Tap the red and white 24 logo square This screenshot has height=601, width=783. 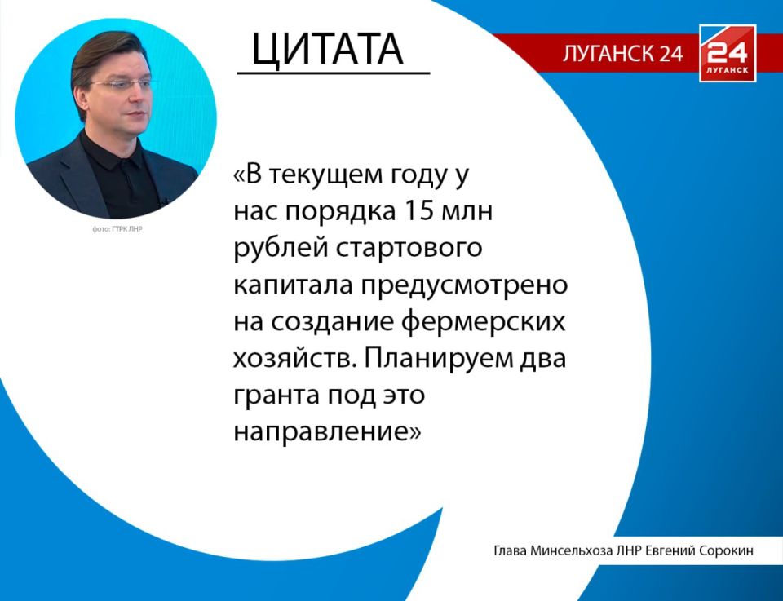pyautogui.click(x=727, y=54)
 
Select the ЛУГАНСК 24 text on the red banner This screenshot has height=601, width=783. pyautogui.click(x=622, y=55)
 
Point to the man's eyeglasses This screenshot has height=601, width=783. pyautogui.click(x=123, y=84)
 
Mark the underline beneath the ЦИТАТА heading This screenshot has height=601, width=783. pyautogui.click(x=333, y=73)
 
